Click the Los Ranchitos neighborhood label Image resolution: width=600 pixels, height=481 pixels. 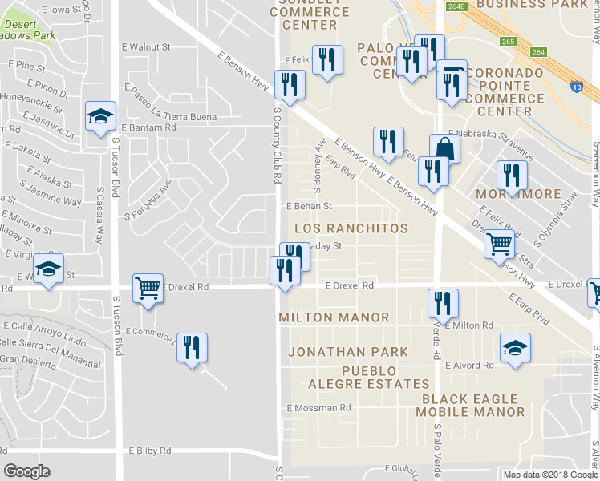tap(351, 229)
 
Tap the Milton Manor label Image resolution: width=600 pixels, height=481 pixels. tap(333, 318)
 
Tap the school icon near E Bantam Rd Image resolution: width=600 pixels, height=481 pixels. tap(101, 117)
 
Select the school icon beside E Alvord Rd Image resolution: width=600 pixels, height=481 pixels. tap(515, 348)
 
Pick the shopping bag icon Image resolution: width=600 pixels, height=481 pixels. tap(444, 148)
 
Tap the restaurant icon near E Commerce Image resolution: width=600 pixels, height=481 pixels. tap(192, 348)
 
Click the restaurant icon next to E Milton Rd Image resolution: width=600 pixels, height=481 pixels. tap(443, 304)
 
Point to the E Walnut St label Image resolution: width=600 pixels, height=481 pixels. tap(145, 47)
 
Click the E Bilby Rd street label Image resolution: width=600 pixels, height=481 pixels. tap(149, 451)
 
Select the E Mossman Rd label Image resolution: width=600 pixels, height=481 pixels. tap(319, 408)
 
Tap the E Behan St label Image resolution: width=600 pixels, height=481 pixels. tap(309, 206)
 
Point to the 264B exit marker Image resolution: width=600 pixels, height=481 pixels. tap(456, 6)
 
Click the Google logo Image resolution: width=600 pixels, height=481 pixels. tap(26, 471)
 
